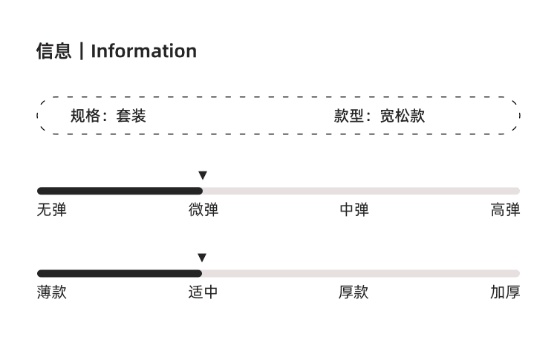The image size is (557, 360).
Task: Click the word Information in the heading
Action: coord(144,51)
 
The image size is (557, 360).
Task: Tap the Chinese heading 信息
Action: coord(54,50)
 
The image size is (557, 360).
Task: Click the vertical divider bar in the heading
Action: coord(82,51)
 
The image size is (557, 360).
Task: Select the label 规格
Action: coord(85,116)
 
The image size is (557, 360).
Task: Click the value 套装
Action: coord(131,116)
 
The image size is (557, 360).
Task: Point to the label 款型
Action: coord(349,116)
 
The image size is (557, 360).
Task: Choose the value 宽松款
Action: coord(403,116)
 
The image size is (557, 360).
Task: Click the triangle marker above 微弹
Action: coord(203,175)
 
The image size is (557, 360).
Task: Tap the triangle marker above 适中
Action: coord(202,258)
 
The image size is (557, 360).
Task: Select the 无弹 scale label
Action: coord(52,210)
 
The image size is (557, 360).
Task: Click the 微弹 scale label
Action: coord(203,210)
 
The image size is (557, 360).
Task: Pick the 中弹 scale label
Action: coord(354,210)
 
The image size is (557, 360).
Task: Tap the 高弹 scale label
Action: coord(506,210)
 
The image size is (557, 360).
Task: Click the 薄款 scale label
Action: coord(52,292)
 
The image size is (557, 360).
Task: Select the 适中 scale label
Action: coord(203,292)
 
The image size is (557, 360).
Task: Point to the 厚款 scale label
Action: coord(354,292)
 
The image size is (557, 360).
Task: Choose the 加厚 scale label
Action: coord(506,292)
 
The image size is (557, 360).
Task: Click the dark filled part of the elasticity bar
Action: coord(120,191)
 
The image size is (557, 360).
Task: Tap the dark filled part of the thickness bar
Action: coord(120,273)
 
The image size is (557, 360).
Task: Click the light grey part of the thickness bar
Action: coord(361,273)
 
